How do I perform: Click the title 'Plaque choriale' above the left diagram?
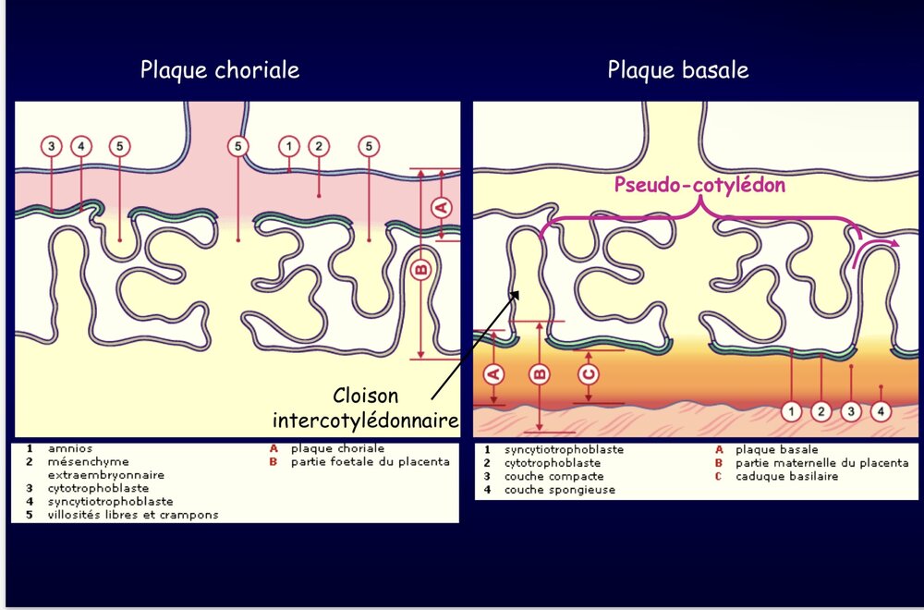tap(220, 70)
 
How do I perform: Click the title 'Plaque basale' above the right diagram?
tap(677, 70)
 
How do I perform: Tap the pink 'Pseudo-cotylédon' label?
tap(699, 185)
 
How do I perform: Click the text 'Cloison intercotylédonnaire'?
tap(366, 409)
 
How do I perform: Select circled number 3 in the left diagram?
tap(52, 146)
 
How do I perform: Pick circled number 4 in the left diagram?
tap(81, 146)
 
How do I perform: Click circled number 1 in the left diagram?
tap(289, 146)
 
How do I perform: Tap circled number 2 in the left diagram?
tap(319, 146)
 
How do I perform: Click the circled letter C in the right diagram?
tap(589, 374)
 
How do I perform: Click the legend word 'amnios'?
tap(70, 448)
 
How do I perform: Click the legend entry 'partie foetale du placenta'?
tap(371, 461)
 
